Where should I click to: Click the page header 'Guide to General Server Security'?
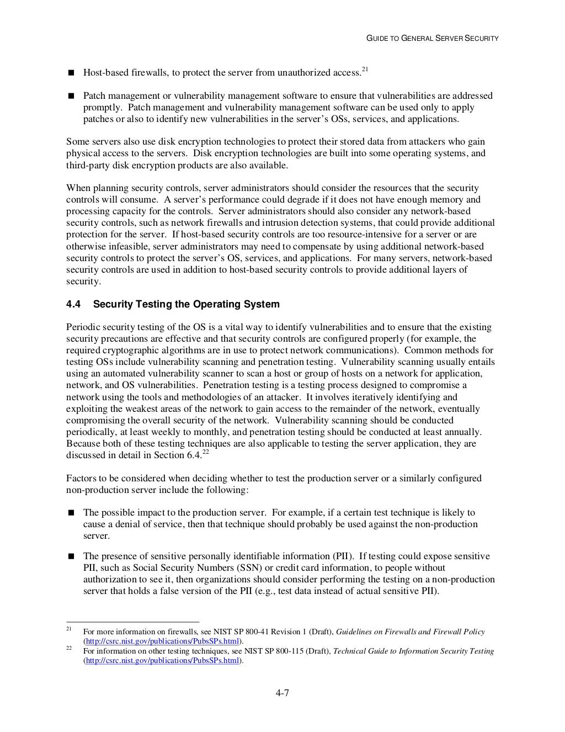(433, 38)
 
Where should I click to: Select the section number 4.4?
(73, 304)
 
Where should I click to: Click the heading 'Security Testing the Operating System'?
(186, 304)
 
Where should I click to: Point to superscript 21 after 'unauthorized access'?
(365, 69)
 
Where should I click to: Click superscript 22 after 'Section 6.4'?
(205, 452)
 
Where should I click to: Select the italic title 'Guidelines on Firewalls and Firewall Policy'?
(411, 632)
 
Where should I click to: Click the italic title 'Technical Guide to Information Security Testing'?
(414, 651)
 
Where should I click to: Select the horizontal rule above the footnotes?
(132, 622)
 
